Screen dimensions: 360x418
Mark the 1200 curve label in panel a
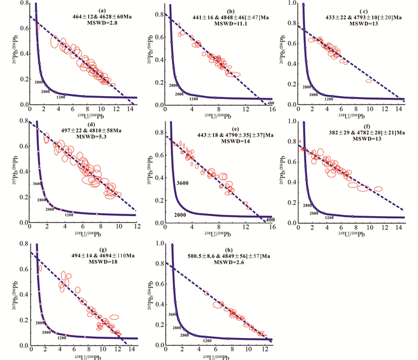click(x=60, y=97)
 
